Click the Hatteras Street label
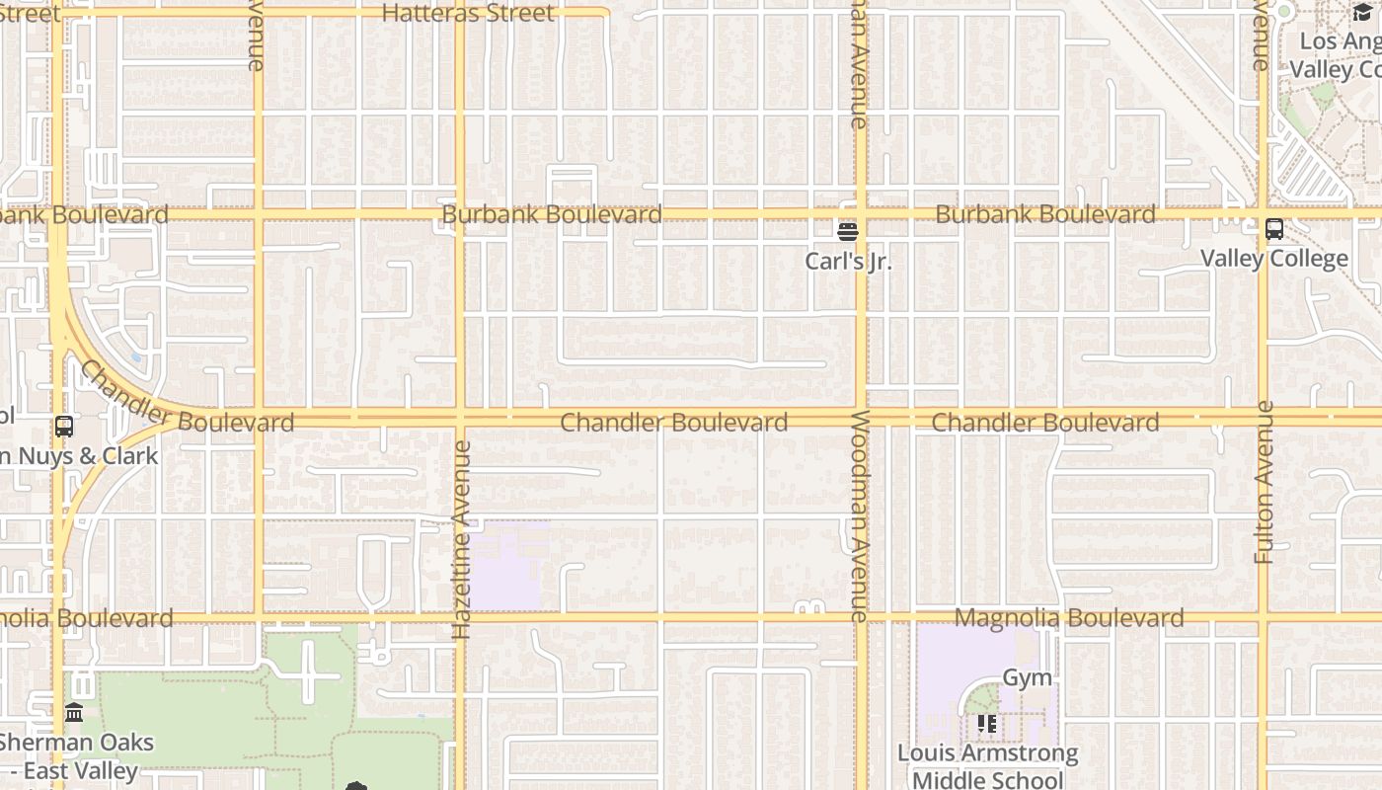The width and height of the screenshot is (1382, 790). pos(468,14)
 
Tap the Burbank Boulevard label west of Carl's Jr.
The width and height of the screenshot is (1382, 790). pos(552,214)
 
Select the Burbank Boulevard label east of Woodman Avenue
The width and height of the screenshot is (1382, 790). pos(1044,214)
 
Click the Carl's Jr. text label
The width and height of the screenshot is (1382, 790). pos(848,262)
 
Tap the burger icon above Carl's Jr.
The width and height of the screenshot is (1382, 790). pos(847,231)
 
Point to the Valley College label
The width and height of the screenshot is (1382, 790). pos(1273,259)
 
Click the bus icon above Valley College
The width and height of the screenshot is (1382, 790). pos(1274,229)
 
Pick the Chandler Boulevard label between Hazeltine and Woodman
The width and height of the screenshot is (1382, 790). pos(674,423)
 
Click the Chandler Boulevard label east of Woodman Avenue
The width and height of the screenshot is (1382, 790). pos(1044,423)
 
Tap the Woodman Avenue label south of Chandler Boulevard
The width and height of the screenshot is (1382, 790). pos(859,515)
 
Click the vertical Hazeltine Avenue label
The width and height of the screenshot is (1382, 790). pos(461,539)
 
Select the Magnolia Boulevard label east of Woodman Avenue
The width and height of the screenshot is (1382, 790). pos(1069,618)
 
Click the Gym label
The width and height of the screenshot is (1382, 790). pos(1027,678)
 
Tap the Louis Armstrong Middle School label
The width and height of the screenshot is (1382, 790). pos(987,766)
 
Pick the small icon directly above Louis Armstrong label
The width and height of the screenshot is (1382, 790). pos(986,724)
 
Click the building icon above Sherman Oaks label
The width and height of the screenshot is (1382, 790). pos(74,712)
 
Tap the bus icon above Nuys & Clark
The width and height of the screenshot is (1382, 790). pos(64,427)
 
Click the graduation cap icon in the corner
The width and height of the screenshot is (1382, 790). pos(1362,12)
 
